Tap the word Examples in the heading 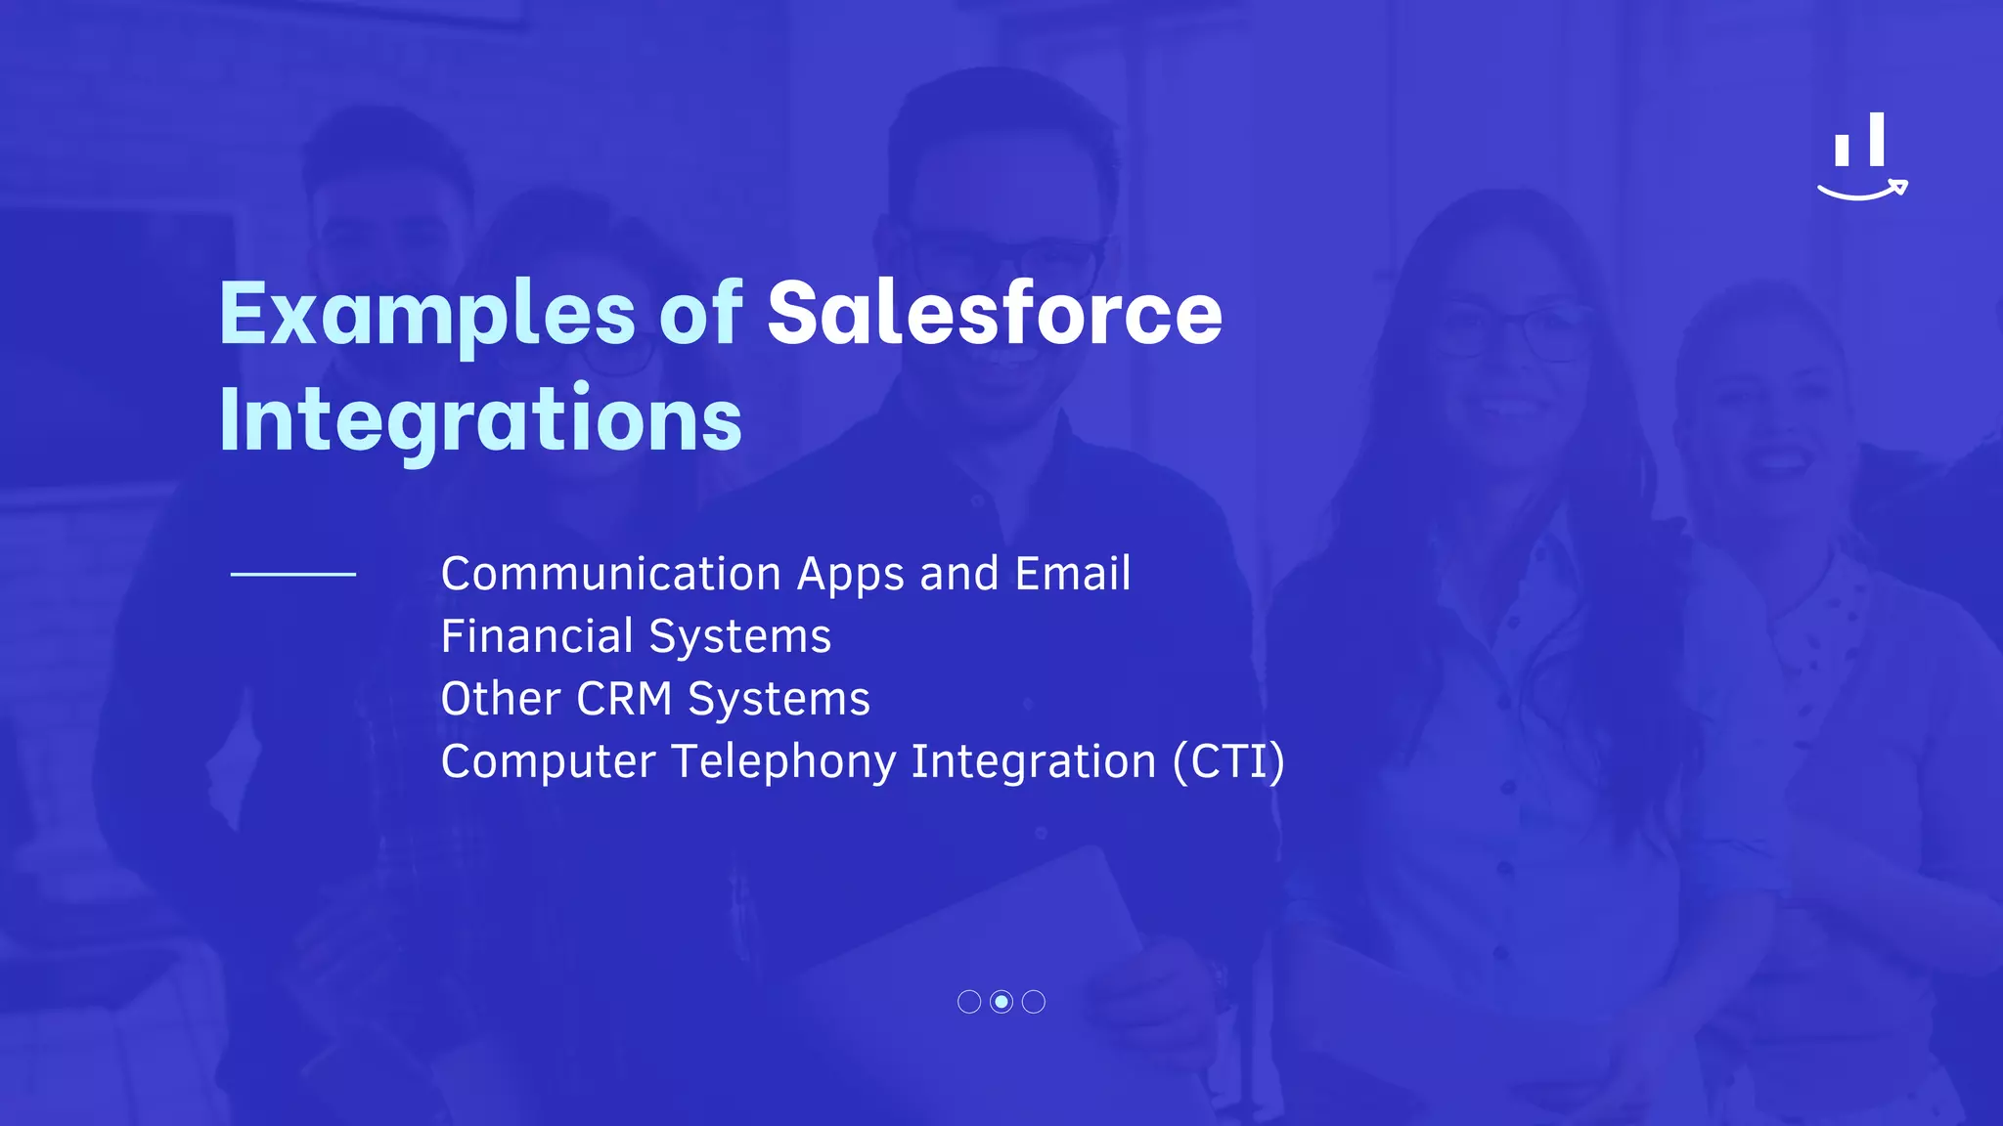point(427,315)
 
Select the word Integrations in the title point(480,420)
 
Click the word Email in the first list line point(1073,574)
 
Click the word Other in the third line point(501,699)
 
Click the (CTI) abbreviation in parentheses point(1228,761)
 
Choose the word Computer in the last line point(548,761)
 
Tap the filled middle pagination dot point(1001,1002)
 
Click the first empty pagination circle point(969,1002)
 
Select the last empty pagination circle point(1034,1002)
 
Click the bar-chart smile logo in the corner point(1861,157)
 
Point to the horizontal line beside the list point(292,575)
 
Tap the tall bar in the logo point(1876,139)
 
